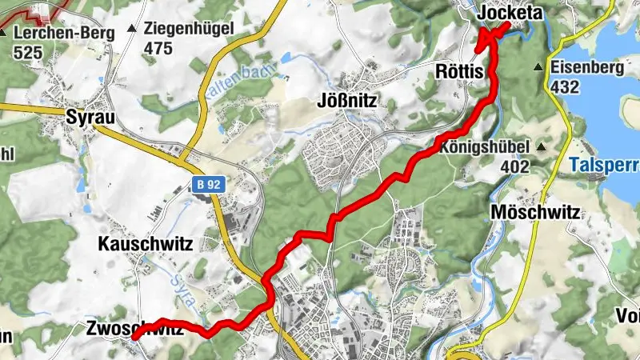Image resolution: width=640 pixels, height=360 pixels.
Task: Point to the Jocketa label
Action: pyautogui.click(x=510, y=14)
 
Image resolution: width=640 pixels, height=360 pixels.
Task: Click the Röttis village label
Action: pyautogui.click(x=461, y=72)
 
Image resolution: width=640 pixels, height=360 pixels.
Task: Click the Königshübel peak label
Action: pyautogui.click(x=485, y=147)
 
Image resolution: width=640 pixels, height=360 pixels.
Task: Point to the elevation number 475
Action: pyautogui.click(x=158, y=49)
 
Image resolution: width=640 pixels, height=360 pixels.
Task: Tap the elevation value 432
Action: pyautogui.click(x=566, y=87)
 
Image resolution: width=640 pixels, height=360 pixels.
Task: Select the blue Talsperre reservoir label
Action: pyautogui.click(x=605, y=166)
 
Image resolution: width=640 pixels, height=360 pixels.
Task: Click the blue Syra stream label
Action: pyautogui.click(x=181, y=285)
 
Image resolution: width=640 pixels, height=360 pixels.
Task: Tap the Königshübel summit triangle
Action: pyautogui.click(x=543, y=147)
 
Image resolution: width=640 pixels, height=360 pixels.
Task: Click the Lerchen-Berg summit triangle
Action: pyautogui.click(x=4, y=34)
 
